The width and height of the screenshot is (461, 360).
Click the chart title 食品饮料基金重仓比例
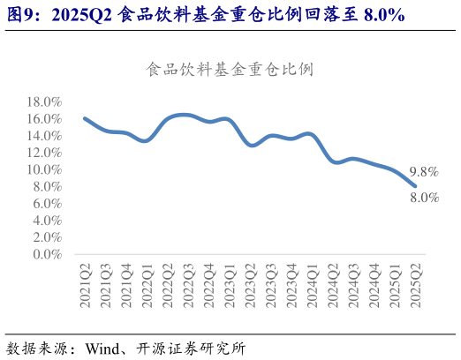coord(229,69)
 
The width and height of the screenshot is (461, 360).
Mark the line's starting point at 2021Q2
coord(85,118)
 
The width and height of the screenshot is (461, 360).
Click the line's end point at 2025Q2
coord(415,185)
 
